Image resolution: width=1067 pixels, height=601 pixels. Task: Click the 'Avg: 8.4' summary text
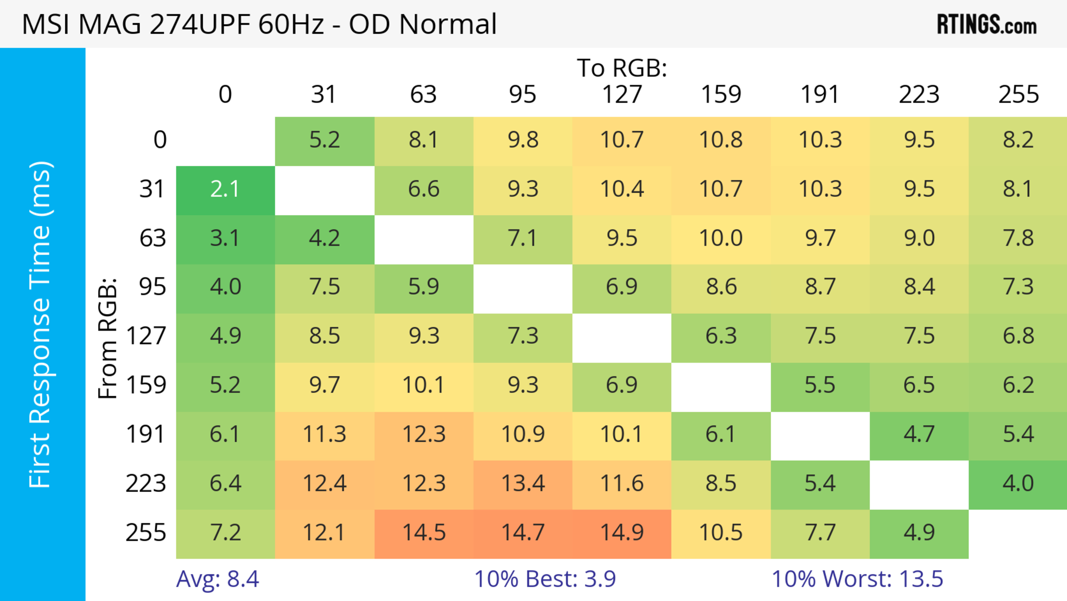pos(218,579)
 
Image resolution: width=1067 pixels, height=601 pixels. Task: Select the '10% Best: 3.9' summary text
pos(545,579)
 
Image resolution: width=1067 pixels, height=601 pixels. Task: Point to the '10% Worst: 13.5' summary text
pos(857,579)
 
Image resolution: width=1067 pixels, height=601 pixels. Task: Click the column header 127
pos(622,95)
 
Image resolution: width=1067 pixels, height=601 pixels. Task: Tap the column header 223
pos(919,95)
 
